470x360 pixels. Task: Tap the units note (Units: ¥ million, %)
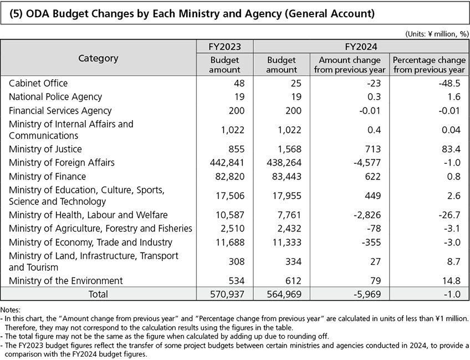pos(437,33)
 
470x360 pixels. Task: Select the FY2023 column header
pos(224,46)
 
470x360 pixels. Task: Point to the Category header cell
pos(98,58)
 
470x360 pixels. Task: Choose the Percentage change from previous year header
pos(429,65)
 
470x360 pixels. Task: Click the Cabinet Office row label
pos(38,83)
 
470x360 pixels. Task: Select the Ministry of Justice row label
pos(45,149)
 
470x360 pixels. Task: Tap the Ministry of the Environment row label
pos(66,281)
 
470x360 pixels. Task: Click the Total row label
pos(96,294)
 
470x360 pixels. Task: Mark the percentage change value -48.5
pos(448,83)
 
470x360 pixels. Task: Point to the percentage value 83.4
pos(451,149)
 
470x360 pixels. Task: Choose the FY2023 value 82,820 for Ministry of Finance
pos(229,177)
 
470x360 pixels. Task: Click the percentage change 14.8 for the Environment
pos(451,281)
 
